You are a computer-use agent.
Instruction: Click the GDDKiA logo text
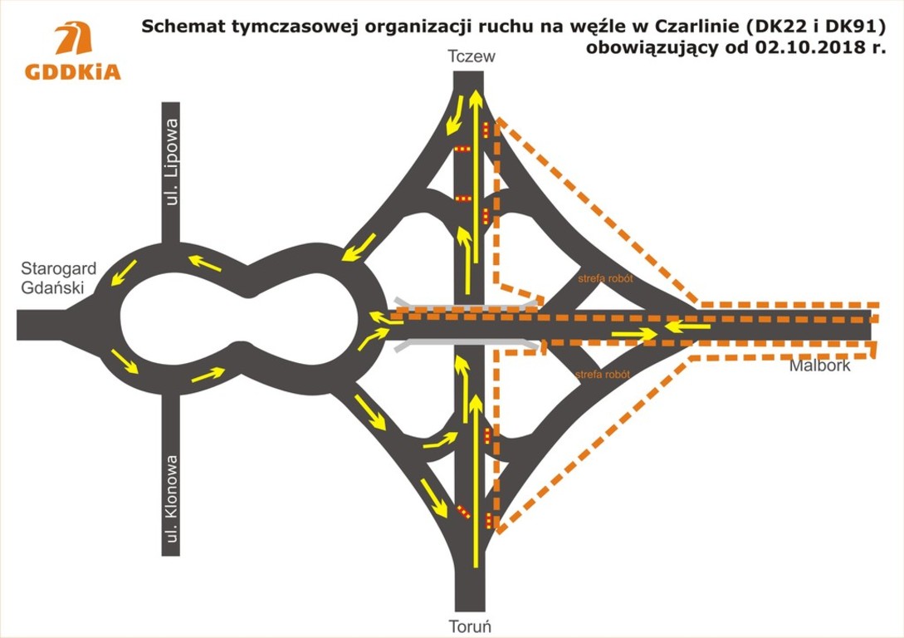73,71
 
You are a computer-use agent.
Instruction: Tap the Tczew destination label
472,56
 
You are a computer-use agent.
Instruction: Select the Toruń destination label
470,626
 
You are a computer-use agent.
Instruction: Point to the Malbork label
819,366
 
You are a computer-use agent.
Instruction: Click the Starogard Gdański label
58,278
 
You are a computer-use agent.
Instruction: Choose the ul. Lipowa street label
171,162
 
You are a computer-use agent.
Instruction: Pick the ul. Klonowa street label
171,499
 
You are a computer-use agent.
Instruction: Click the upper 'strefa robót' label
605,278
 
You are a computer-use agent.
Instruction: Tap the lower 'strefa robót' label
602,375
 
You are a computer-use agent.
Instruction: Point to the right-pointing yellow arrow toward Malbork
634,333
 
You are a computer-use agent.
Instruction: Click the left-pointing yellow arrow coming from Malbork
687,327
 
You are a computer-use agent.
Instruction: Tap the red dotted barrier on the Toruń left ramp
463,512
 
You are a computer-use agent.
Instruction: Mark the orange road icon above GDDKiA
74,39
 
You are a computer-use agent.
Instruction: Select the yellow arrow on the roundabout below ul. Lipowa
205,263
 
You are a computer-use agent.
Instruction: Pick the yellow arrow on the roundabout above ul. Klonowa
208,375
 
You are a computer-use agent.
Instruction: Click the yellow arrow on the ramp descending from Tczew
454,115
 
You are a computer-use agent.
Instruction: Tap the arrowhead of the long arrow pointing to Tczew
476,99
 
